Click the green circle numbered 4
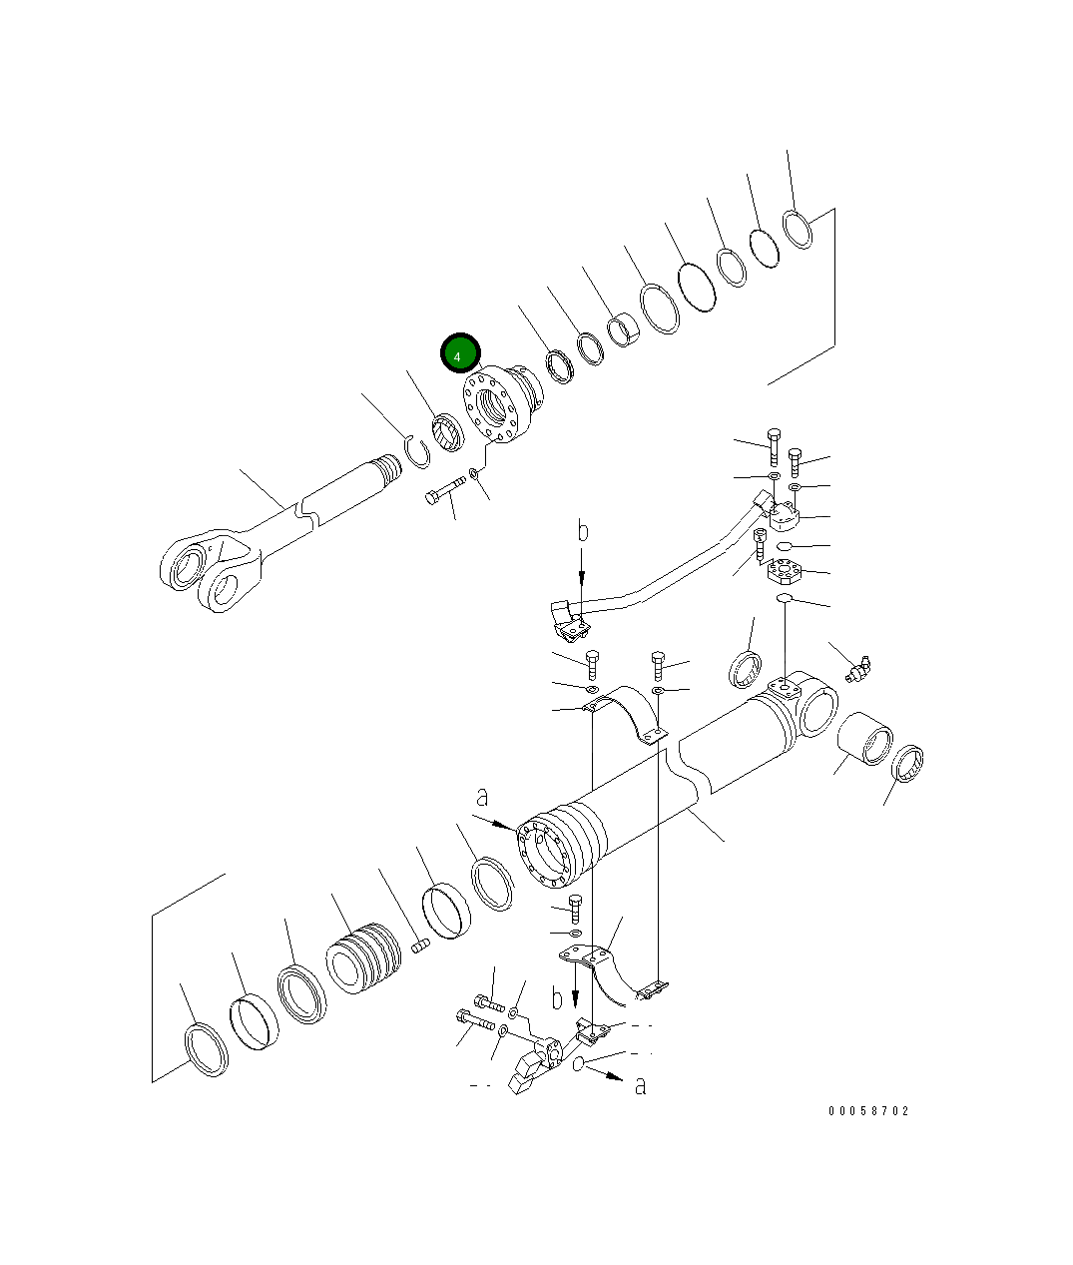[x=460, y=353]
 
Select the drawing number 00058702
[x=867, y=1111]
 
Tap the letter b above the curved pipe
[x=583, y=531]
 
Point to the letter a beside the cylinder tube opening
[x=483, y=797]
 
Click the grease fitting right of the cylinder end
[x=856, y=666]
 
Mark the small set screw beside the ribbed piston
[x=420, y=945]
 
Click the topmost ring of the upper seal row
[x=798, y=229]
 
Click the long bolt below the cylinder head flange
[x=445, y=490]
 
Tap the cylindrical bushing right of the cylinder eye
[x=862, y=740]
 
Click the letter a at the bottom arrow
[x=641, y=1085]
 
